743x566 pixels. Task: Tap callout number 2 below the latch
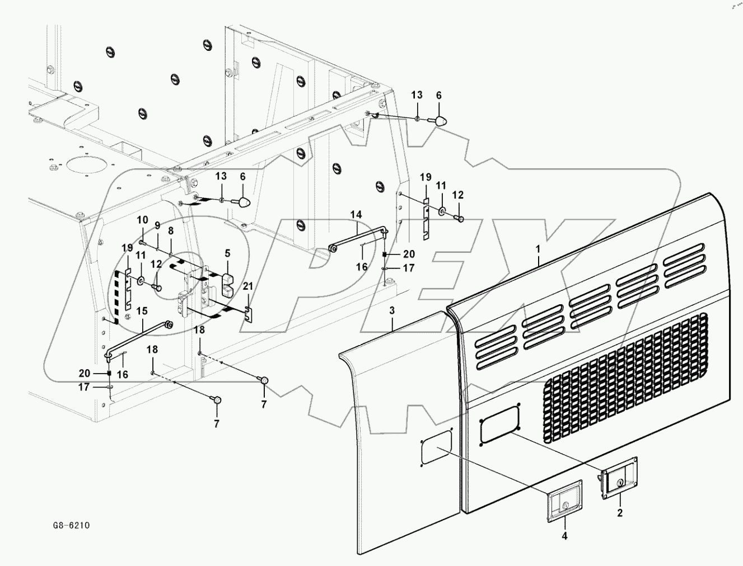pos(619,512)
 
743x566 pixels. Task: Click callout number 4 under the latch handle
pos(564,536)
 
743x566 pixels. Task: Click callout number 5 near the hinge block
pos(227,253)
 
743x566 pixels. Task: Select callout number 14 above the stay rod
pos(356,214)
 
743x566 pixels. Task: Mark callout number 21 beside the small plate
pos(248,286)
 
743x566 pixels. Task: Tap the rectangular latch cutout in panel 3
pos(436,447)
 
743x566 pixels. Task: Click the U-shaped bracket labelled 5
pos(227,284)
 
